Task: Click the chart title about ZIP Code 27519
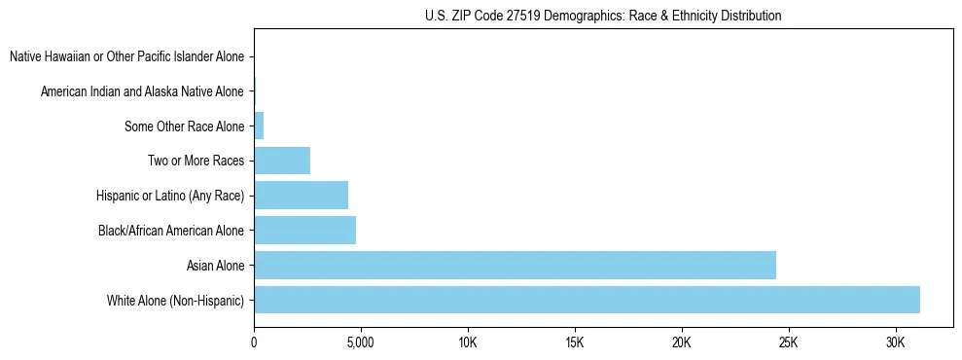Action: point(603,16)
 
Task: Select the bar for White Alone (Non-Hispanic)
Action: point(587,300)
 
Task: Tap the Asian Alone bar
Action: point(515,265)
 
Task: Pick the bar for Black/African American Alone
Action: point(304,231)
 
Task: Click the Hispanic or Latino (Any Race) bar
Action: point(301,196)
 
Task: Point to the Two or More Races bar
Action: point(282,161)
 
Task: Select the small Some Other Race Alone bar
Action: point(259,126)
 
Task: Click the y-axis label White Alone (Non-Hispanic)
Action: point(176,300)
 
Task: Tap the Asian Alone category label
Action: point(216,265)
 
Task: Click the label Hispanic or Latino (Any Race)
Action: point(170,196)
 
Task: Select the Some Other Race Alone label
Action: point(185,126)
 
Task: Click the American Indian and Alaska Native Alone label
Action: point(142,91)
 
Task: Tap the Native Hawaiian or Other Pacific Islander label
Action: point(126,56)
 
